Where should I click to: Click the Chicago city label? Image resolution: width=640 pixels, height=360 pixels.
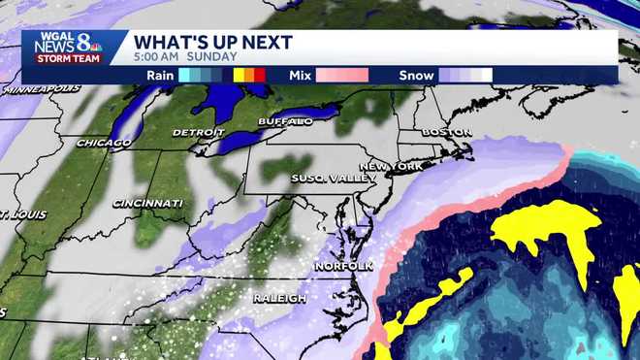click(x=104, y=144)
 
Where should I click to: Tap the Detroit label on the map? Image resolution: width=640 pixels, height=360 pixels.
click(x=198, y=132)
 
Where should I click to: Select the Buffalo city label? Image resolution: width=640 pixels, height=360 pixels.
click(x=285, y=121)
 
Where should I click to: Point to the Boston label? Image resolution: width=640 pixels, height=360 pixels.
click(x=447, y=132)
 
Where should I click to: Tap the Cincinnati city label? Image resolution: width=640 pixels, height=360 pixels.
click(x=147, y=203)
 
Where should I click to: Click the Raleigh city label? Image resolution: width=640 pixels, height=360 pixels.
click(x=279, y=297)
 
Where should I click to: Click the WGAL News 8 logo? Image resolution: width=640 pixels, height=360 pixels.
click(x=68, y=42)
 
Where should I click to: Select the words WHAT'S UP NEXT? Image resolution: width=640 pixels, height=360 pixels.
click(x=212, y=42)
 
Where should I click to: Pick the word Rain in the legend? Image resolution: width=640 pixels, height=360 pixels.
click(x=160, y=75)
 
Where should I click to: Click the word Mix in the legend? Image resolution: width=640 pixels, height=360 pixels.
click(x=300, y=75)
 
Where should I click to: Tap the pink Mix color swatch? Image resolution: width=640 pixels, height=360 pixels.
click(x=340, y=75)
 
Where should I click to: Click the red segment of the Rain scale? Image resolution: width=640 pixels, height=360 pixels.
click(x=260, y=75)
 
